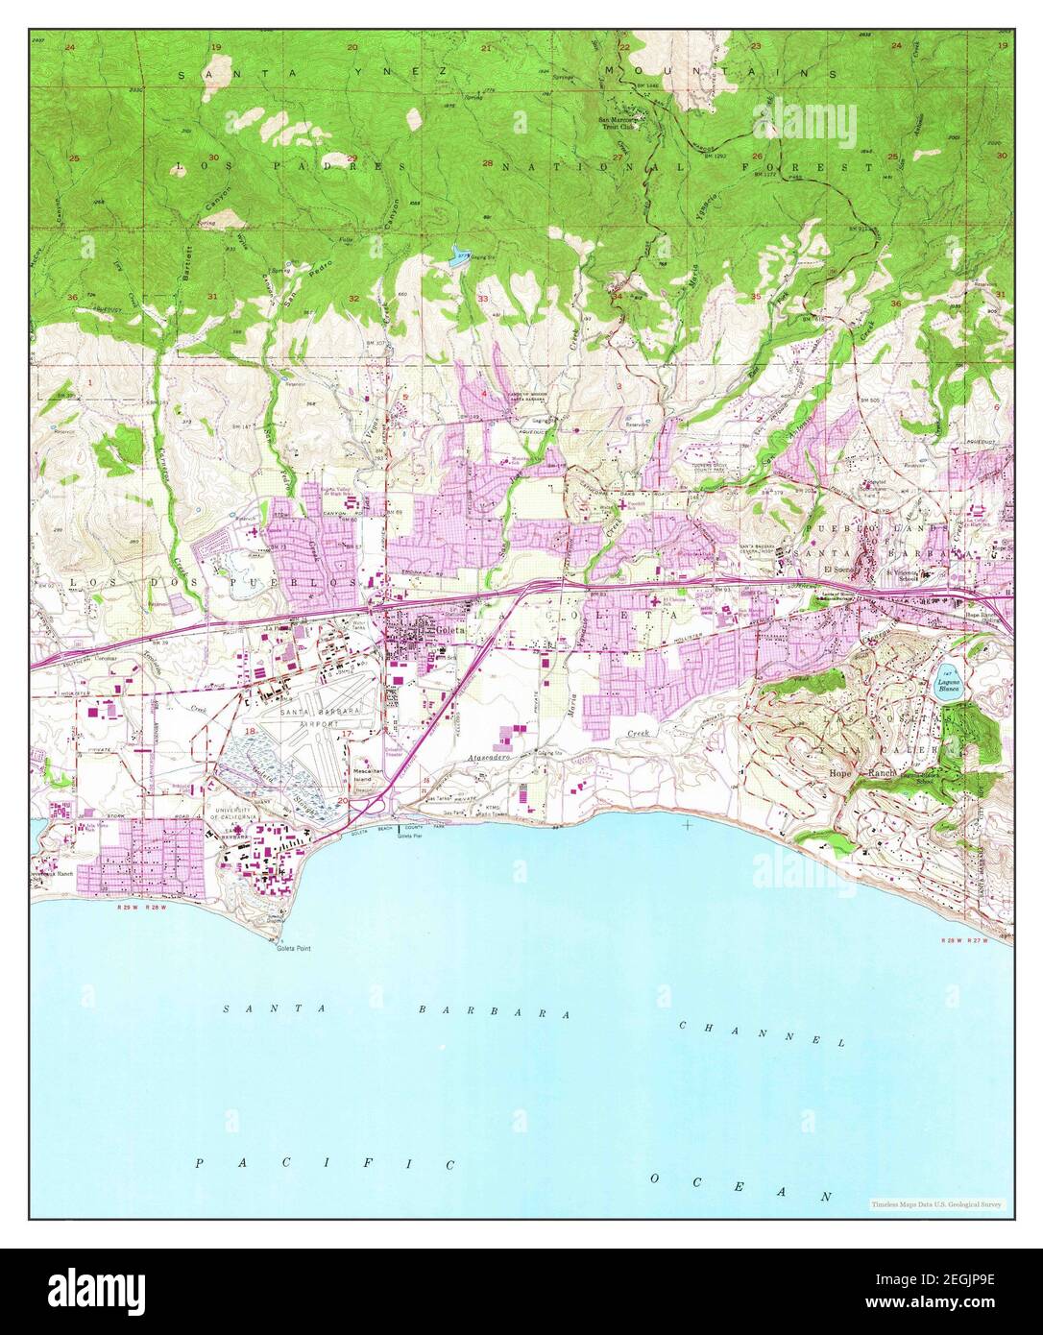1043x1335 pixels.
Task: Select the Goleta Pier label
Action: click(x=408, y=837)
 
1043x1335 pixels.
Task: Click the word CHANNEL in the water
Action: click(x=762, y=1033)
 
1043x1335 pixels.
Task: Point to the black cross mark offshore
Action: click(x=688, y=824)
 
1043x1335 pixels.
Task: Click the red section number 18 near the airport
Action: click(x=252, y=731)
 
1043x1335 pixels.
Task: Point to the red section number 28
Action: click(x=487, y=163)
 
